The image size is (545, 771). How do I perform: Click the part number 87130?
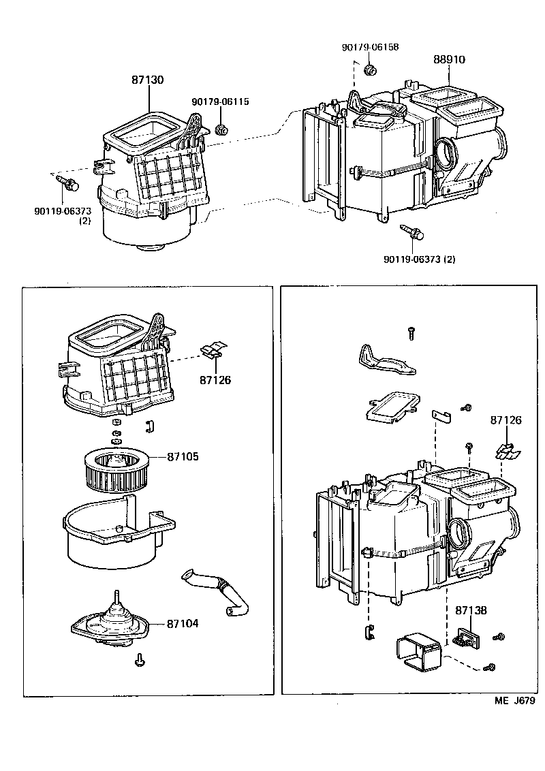point(147,80)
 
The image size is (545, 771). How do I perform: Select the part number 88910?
point(449,60)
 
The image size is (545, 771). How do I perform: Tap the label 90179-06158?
point(370,47)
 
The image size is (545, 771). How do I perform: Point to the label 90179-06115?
point(220,101)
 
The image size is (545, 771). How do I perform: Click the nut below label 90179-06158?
point(371,70)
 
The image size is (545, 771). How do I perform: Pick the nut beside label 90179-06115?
point(221,129)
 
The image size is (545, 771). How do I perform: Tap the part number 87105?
point(183,456)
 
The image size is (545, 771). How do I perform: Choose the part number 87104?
point(183,623)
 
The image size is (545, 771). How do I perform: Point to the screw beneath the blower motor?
point(139,659)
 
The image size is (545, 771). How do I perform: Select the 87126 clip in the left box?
point(213,351)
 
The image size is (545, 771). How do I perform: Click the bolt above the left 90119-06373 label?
point(67,183)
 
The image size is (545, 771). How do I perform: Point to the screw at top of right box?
point(411,332)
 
